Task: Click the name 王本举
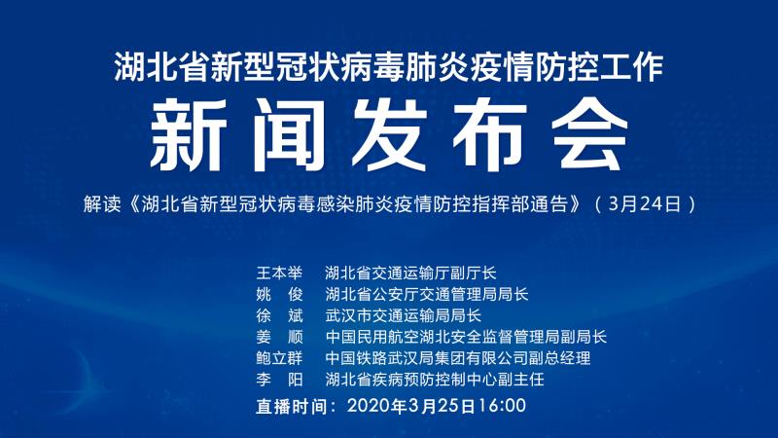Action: point(279,273)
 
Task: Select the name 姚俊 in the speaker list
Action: point(279,294)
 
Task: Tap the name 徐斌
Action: point(279,315)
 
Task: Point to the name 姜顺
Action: point(279,337)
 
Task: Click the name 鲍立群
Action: point(279,358)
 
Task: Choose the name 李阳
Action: point(279,380)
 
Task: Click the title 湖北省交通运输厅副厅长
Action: point(410,273)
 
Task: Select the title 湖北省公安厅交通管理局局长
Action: point(427,294)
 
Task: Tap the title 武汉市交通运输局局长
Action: point(404,315)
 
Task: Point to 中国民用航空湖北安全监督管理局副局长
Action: point(466,337)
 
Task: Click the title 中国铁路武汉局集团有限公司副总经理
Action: point(458,358)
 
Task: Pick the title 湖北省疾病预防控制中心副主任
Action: point(435,380)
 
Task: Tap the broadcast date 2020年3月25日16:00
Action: point(437,406)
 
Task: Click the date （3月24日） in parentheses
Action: point(645,204)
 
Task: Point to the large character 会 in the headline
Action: point(590,134)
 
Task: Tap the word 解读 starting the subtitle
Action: point(102,204)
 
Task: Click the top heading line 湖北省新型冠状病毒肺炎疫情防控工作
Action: point(389,67)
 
